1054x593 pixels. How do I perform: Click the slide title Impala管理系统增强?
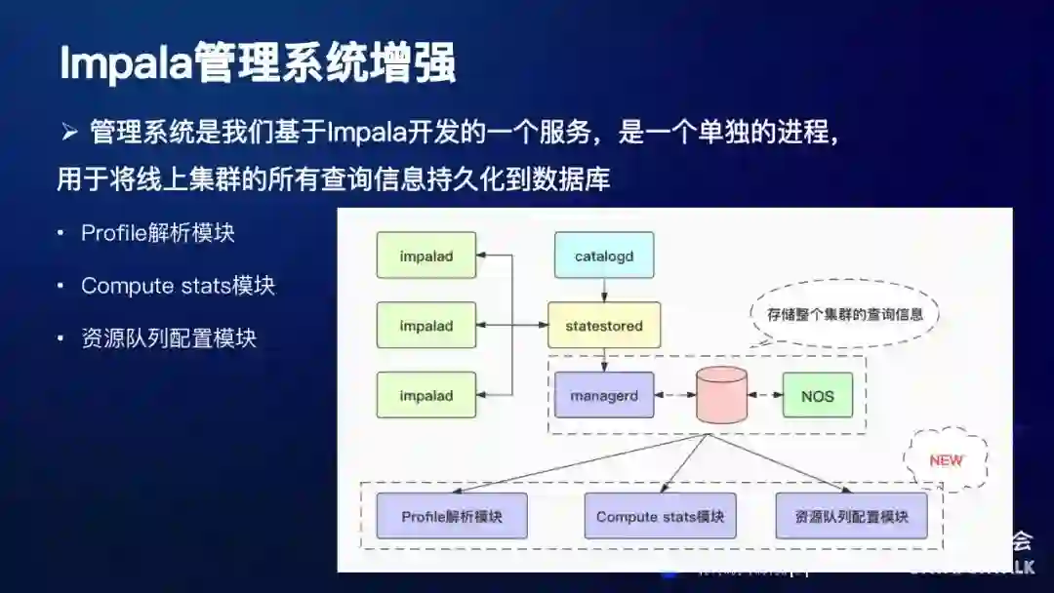coord(258,63)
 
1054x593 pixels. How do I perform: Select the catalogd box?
coord(604,257)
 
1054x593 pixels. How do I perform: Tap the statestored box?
coord(604,326)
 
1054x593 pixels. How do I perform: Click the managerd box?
coord(604,396)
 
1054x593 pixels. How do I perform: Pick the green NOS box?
coord(818,396)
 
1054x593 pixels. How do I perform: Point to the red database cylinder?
coord(721,395)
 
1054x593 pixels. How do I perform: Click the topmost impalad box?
coord(426,257)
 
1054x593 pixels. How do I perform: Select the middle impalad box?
coord(426,326)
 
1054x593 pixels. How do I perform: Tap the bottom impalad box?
coord(426,396)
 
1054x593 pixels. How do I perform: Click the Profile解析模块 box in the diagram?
coord(452,516)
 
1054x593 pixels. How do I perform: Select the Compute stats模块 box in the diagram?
coord(660,516)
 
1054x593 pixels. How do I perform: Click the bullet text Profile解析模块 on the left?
coord(158,233)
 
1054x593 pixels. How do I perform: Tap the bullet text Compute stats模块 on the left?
coord(178,286)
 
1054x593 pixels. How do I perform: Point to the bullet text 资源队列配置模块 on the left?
coord(169,338)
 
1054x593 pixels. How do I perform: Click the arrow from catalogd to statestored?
coord(604,291)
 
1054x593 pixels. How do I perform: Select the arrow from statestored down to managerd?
coord(604,360)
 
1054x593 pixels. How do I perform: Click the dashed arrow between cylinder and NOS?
coord(765,396)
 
